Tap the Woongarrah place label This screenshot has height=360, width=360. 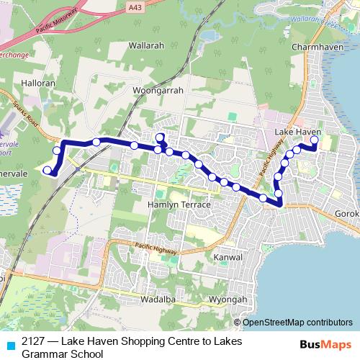click(x=158, y=91)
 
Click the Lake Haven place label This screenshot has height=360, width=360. click(x=297, y=132)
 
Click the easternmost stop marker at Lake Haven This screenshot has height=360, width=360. click(x=314, y=140)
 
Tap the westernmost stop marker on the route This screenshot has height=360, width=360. click(x=48, y=170)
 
